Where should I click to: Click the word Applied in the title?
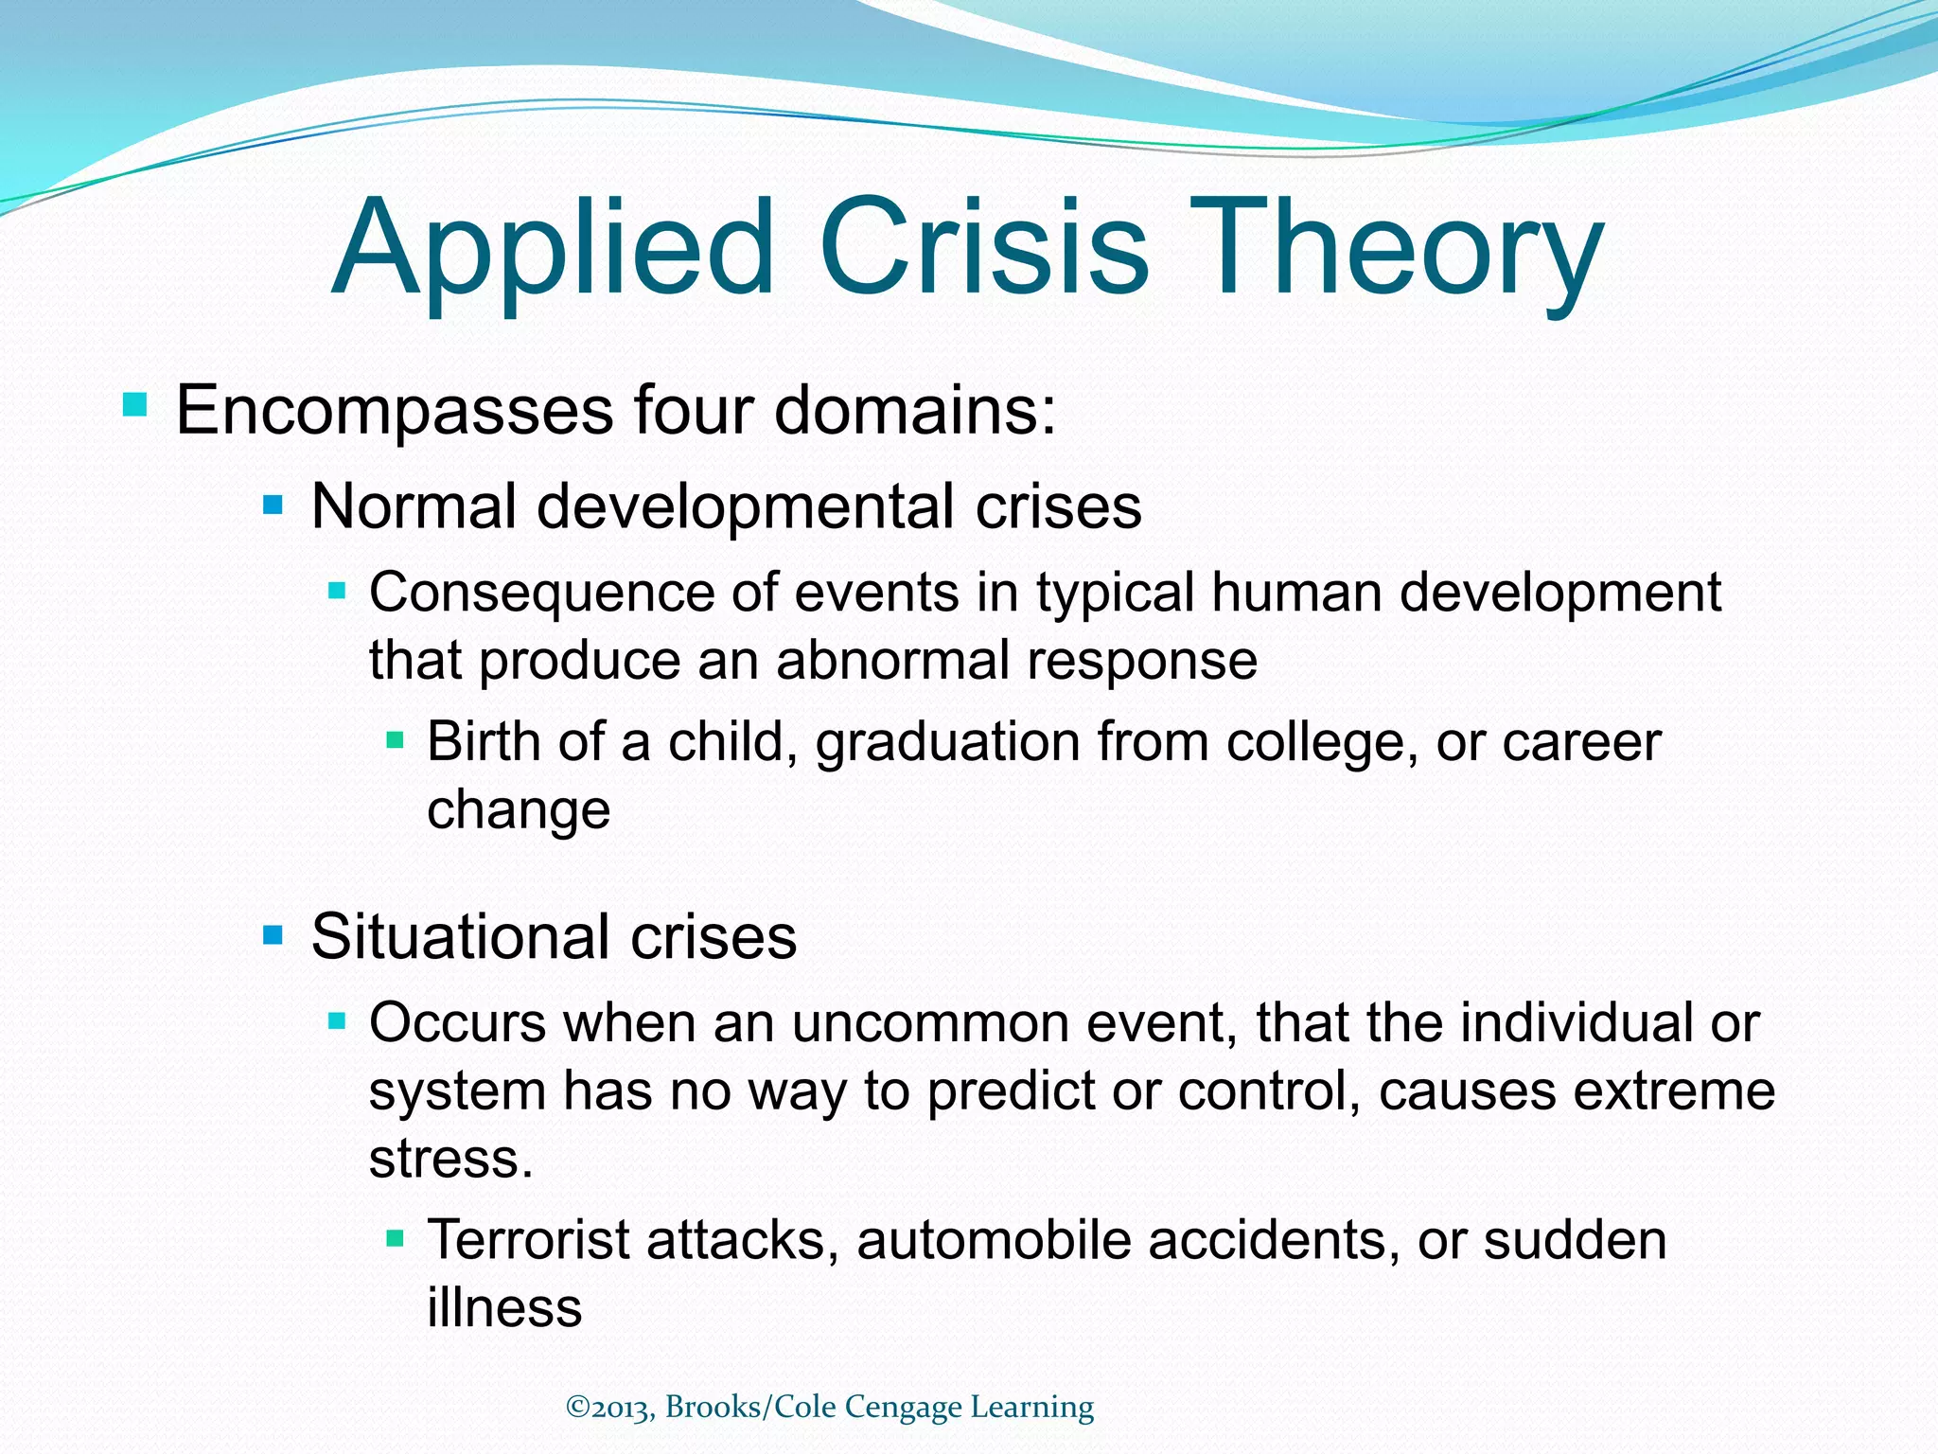554,248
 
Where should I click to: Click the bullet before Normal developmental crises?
273,506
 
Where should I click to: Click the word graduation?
947,743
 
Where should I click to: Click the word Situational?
461,937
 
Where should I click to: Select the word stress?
450,1159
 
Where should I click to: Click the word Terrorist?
528,1240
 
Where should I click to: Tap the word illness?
504,1307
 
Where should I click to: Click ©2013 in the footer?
609,1408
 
